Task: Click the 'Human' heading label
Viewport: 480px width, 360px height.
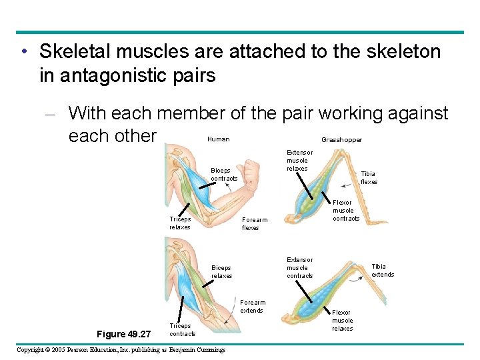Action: click(218, 139)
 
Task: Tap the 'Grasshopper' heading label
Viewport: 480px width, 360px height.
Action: click(341, 140)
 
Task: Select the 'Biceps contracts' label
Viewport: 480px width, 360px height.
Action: click(224, 175)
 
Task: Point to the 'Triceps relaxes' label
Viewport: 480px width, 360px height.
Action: click(180, 223)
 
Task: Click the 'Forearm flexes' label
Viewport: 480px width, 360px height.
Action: click(254, 224)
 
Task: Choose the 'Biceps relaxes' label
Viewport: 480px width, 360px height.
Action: click(222, 272)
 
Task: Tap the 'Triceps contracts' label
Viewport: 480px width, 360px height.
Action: click(183, 330)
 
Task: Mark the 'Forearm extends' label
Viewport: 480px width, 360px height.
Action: click(252, 307)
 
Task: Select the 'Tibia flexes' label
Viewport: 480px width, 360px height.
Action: click(369, 178)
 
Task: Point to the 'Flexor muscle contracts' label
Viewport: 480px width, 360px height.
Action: click(346, 211)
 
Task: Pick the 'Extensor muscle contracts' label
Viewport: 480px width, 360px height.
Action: click(299, 268)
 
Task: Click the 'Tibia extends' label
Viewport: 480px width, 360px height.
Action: click(383, 271)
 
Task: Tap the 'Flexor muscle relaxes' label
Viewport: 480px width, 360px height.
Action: click(342, 321)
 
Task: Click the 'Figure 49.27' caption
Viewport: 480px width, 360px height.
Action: click(124, 333)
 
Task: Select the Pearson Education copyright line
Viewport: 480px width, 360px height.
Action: click(121, 350)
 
